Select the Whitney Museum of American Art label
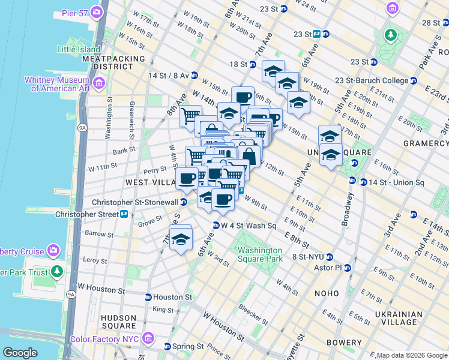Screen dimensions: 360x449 57,84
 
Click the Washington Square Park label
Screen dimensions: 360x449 259,254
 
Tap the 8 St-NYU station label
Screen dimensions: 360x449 312,257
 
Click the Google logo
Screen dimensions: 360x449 20,353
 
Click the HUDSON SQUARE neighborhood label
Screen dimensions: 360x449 119,322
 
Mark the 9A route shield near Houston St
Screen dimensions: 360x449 71,294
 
